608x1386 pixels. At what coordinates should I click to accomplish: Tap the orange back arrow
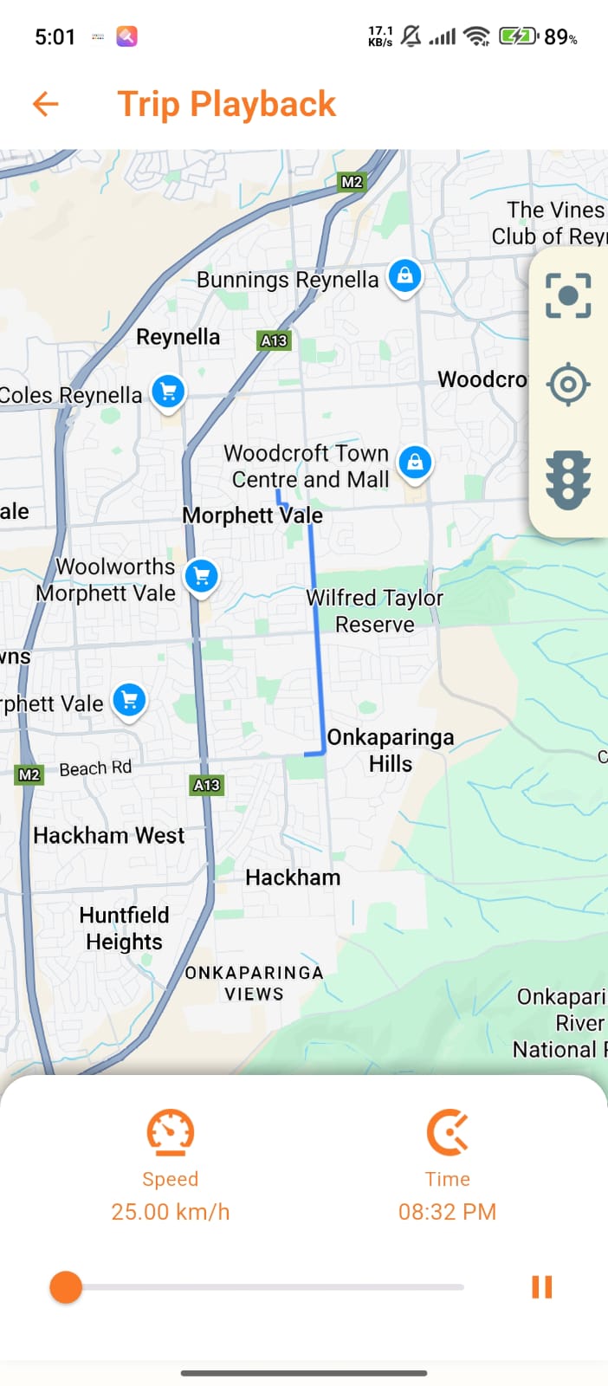pyautogui.click(x=46, y=104)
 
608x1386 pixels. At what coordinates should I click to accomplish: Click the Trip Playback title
pyautogui.click(x=226, y=104)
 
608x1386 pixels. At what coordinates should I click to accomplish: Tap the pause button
pyautogui.click(x=542, y=1287)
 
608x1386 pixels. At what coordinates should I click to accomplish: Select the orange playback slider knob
pyautogui.click(x=66, y=1287)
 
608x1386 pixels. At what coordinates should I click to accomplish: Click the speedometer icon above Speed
pyautogui.click(x=170, y=1132)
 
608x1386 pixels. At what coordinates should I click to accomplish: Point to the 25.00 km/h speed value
pyautogui.click(x=171, y=1211)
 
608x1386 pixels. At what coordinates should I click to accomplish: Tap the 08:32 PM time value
pyautogui.click(x=447, y=1211)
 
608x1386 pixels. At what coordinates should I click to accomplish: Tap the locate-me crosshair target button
pyautogui.click(x=568, y=384)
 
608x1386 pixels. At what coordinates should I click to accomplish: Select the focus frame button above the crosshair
pyautogui.click(x=568, y=295)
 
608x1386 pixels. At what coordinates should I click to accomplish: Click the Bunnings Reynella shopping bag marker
pyautogui.click(x=404, y=276)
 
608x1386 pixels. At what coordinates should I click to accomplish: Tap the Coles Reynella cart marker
pyautogui.click(x=168, y=392)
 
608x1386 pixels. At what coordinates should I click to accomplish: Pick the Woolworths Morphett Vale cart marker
pyautogui.click(x=202, y=576)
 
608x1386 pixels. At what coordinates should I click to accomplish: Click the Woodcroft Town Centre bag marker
pyautogui.click(x=415, y=463)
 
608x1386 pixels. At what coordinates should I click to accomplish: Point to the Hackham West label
pyautogui.click(x=109, y=835)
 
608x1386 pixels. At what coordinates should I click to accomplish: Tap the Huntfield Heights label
pyautogui.click(x=124, y=929)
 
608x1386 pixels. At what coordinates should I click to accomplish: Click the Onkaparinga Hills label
pyautogui.click(x=391, y=750)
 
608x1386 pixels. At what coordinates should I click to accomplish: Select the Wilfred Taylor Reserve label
pyautogui.click(x=375, y=611)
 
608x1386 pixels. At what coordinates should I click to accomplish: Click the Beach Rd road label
pyautogui.click(x=95, y=768)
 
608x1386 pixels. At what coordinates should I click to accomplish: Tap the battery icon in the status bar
pyautogui.click(x=518, y=36)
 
